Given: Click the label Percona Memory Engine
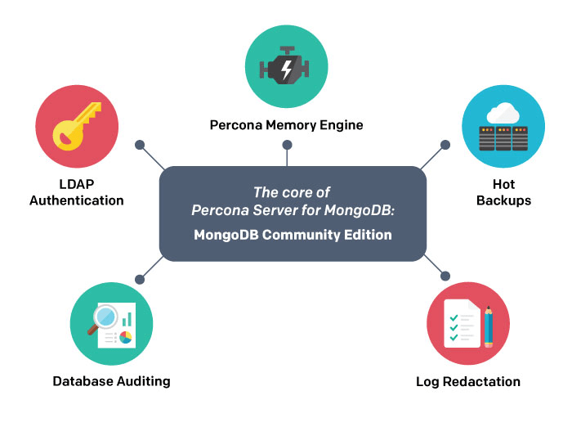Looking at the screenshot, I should click(286, 125).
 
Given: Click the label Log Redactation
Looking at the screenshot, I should click(468, 381).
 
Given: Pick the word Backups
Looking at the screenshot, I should click(503, 200).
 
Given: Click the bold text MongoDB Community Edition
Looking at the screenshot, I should click(293, 235).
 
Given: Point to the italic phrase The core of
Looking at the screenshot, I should click(292, 193).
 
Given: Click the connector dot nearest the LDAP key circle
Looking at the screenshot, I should click(140, 145).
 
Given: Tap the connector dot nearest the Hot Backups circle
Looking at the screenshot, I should click(445, 145).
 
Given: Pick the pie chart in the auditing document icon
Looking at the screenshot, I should click(125, 336).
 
